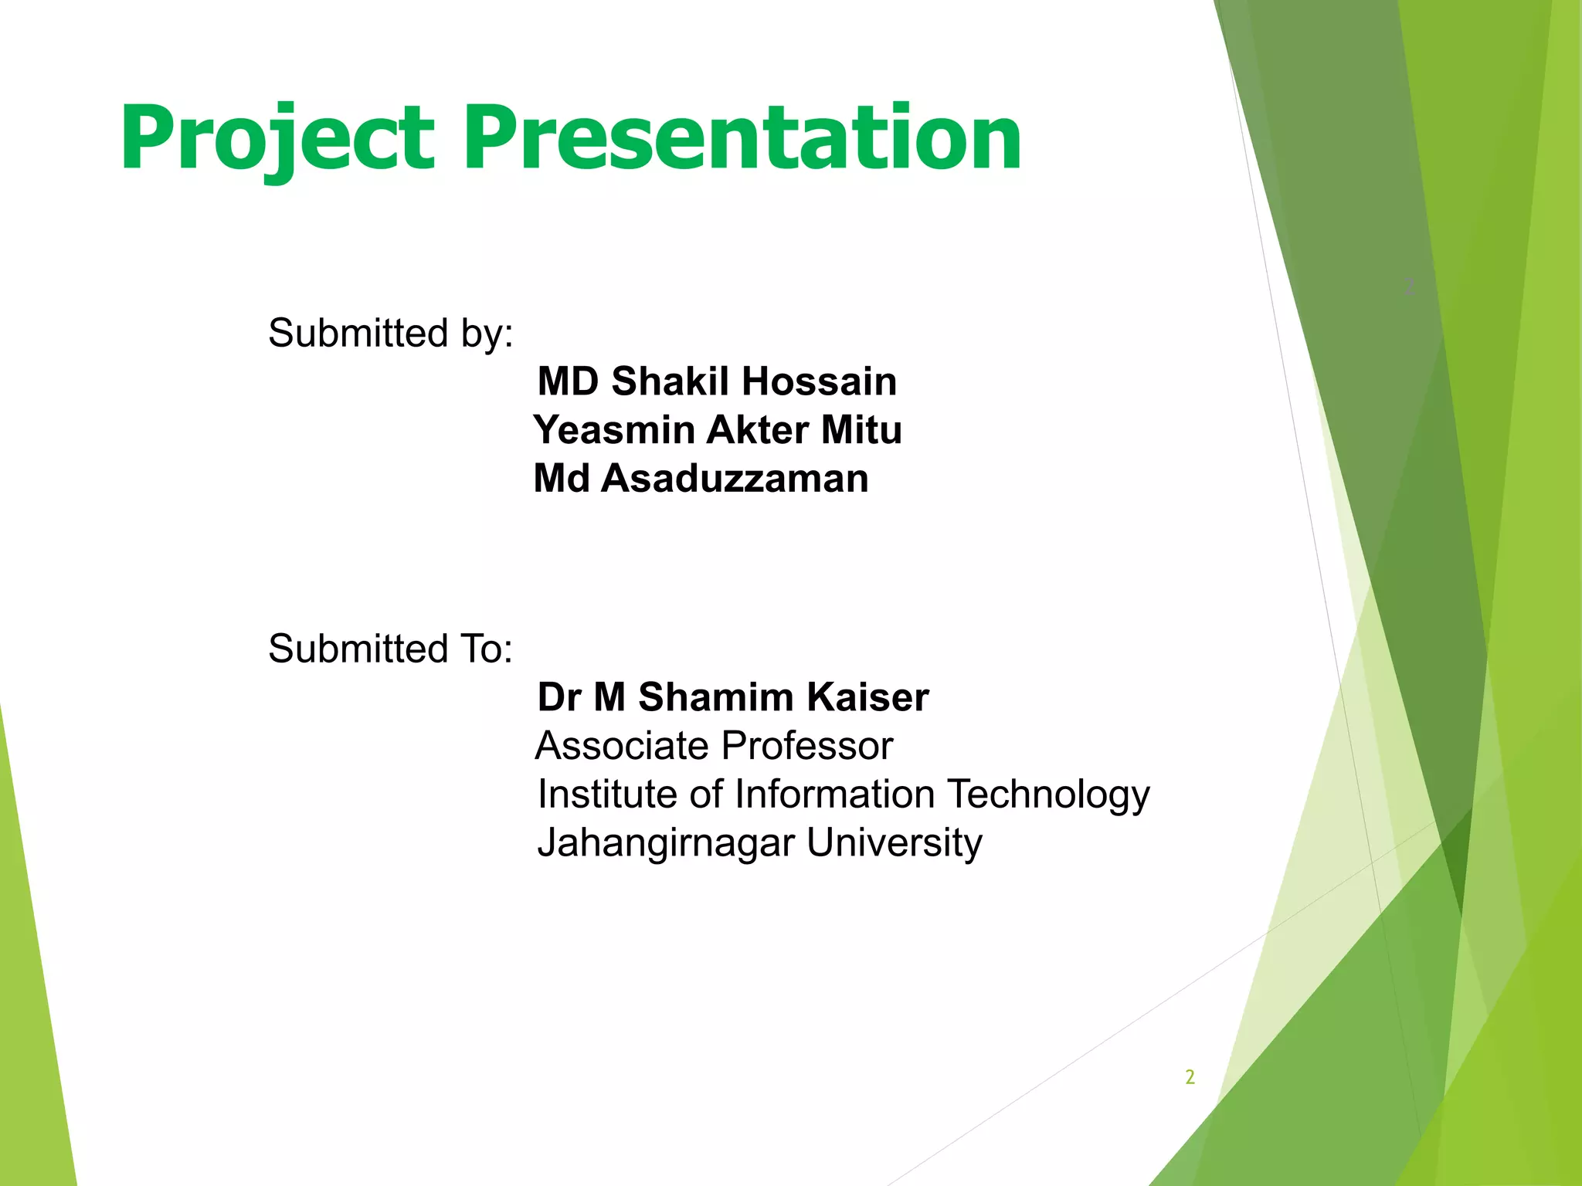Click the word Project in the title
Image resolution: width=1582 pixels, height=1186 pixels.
pyautogui.click(x=277, y=139)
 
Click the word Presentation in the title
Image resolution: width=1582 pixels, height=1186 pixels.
pyautogui.click(x=742, y=139)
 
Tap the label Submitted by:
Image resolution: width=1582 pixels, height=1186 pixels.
pyautogui.click(x=390, y=334)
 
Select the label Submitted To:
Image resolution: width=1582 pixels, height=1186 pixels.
pyautogui.click(x=390, y=649)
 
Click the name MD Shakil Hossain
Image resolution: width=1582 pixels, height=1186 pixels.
pyautogui.click(x=717, y=381)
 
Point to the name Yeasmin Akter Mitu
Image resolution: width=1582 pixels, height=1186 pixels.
pyautogui.click(x=717, y=430)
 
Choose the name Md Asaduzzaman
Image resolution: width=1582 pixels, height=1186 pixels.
pyautogui.click(x=701, y=478)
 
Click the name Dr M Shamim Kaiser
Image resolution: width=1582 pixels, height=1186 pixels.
pyautogui.click(x=732, y=697)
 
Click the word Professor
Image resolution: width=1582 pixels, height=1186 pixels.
pyautogui.click(x=807, y=746)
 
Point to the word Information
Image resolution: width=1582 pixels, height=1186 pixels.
pyautogui.click(x=834, y=794)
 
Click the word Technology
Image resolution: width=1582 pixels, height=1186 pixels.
pyautogui.click(x=1048, y=795)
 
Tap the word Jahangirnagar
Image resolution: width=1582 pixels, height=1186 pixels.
pyautogui.click(x=665, y=843)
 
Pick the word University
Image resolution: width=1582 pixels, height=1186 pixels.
pyautogui.click(x=894, y=843)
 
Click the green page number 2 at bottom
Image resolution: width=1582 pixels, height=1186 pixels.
pyautogui.click(x=1190, y=1077)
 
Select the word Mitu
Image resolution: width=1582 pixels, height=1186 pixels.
pyautogui.click(x=861, y=430)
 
